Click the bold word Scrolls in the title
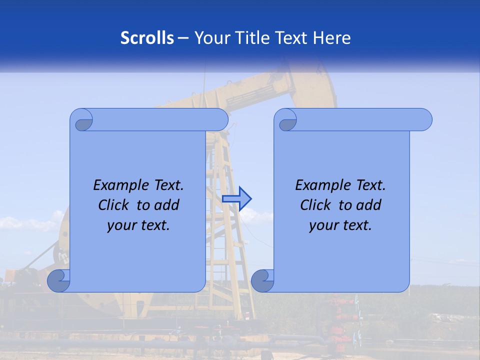point(147,38)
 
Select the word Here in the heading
point(332,38)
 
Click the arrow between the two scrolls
point(236,199)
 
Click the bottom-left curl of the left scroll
point(59,280)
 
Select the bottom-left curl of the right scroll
point(262,280)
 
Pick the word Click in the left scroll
point(114,205)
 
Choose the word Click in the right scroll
point(316,205)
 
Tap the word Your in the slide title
point(209,38)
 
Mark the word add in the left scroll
point(167,205)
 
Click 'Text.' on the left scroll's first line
point(168,185)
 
